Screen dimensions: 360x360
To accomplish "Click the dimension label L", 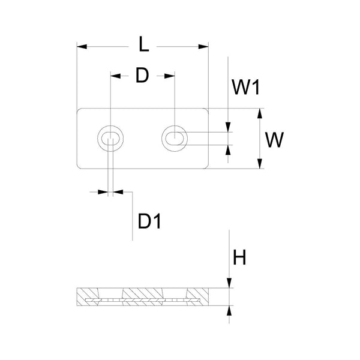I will (142, 45).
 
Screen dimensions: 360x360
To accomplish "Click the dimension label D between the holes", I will (142, 76).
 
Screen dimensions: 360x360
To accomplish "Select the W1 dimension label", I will (245, 88).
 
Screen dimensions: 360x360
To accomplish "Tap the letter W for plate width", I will (274, 139).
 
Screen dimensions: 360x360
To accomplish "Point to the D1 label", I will (150, 221).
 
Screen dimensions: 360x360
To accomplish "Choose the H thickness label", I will (240, 258).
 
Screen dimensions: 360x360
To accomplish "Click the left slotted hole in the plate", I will (111, 139).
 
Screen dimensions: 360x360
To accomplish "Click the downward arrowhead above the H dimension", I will (229, 284).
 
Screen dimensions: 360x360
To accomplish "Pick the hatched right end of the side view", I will (201, 295).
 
